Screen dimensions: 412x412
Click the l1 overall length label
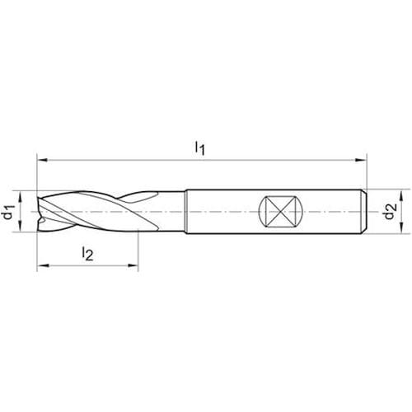coord(199,147)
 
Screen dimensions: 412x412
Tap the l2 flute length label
coord(87,253)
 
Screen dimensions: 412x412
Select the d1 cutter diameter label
coord(9,212)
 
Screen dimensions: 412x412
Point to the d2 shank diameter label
coord(390,212)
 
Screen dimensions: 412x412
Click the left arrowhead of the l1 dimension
coord(43,160)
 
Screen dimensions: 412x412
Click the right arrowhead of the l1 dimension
coord(361,160)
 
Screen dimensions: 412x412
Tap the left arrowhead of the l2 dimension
coord(43,265)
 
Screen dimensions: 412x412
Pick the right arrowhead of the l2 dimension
coord(132,265)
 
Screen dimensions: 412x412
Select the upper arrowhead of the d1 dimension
coord(20,197)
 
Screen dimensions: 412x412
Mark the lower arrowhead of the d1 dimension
coord(20,227)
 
